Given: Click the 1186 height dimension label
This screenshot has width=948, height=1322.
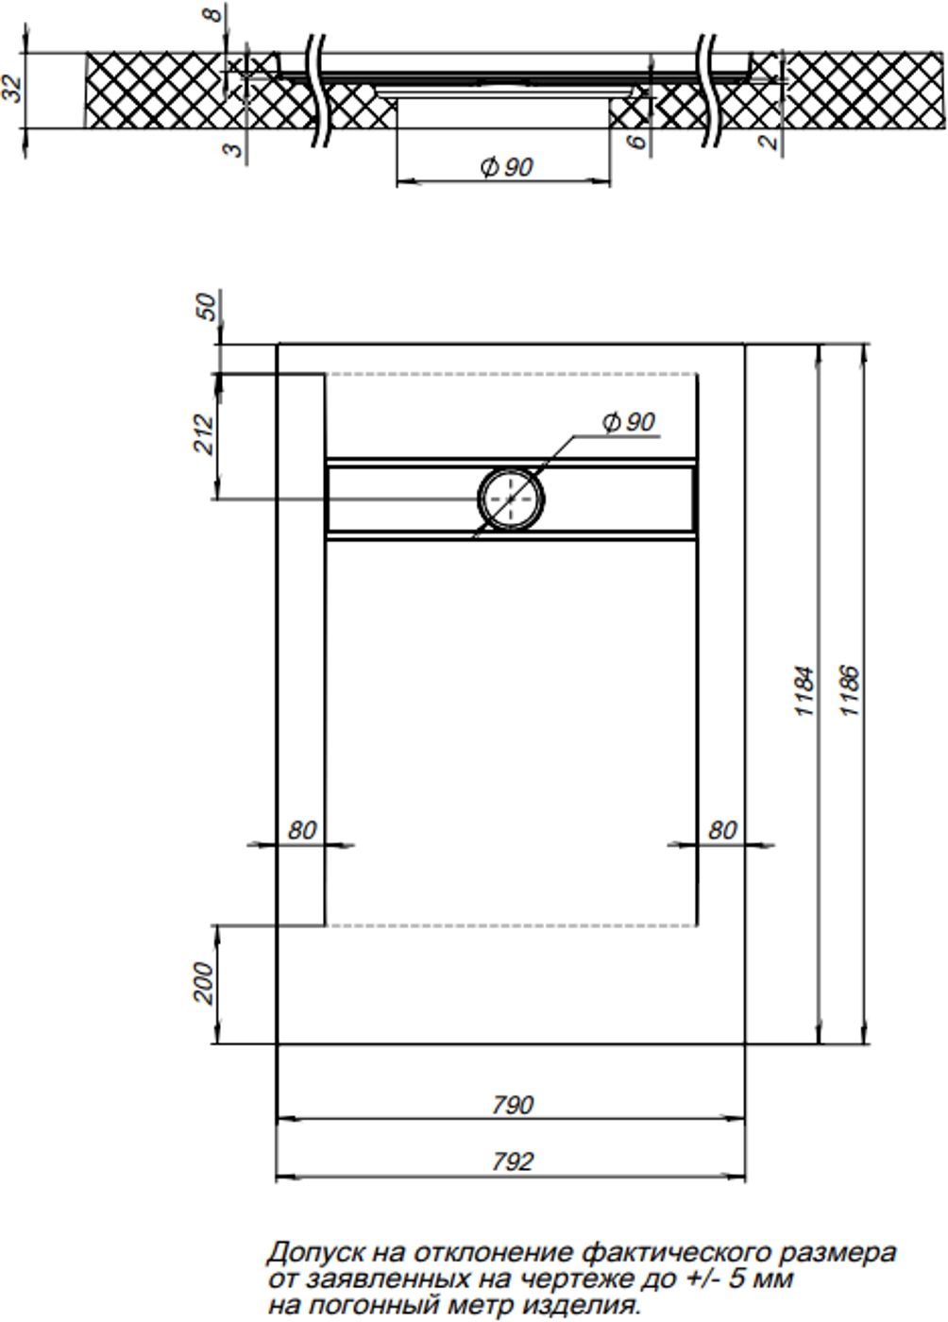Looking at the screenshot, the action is (850, 691).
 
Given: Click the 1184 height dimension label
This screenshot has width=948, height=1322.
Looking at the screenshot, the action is (805, 691).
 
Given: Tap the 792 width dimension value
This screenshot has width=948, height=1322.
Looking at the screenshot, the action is (513, 1162).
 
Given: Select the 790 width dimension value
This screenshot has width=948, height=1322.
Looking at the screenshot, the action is (513, 1105).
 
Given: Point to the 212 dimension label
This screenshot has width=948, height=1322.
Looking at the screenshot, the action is (204, 433).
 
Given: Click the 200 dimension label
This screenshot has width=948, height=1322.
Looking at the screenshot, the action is (204, 982).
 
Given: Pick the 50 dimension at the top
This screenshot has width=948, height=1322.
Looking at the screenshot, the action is (209, 307).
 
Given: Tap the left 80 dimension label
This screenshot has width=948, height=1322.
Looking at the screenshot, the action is (302, 830).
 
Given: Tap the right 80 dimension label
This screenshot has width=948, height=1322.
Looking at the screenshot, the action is (722, 830).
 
